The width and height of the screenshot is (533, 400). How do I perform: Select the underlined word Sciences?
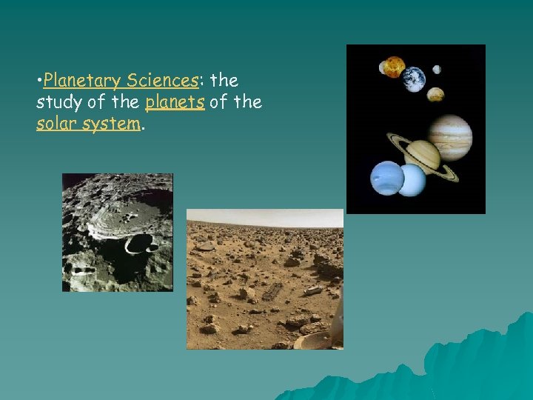162,80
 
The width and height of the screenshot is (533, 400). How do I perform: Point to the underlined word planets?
175,102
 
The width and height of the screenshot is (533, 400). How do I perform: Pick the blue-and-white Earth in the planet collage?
414,79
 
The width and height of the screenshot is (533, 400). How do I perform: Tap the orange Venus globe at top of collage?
393,66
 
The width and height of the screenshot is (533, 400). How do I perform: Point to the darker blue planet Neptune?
387,179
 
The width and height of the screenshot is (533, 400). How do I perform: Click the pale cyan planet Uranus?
411,180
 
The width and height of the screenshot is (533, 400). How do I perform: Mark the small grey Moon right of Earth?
437,70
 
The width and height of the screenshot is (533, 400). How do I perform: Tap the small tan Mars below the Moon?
436,94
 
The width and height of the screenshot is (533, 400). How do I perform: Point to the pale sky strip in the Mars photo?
264,218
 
